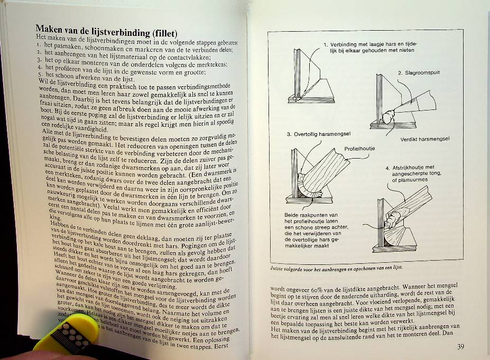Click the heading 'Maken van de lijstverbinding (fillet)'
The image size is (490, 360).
pyautogui.click(x=106, y=30)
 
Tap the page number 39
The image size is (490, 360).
pyautogui.click(x=460, y=347)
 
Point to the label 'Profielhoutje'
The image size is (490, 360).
pyautogui.click(x=359, y=149)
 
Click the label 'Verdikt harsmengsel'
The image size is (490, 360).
pyautogui.click(x=424, y=139)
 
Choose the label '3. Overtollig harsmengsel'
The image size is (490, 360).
pyautogui.click(x=318, y=134)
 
